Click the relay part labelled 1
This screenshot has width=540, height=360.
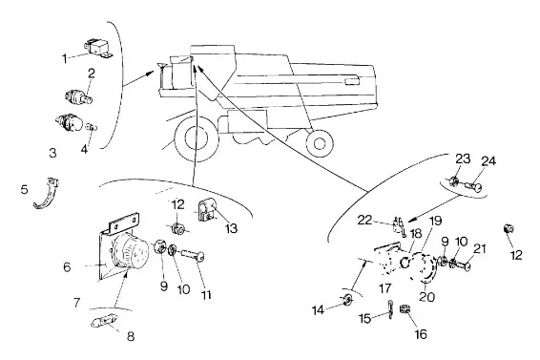click(98, 49)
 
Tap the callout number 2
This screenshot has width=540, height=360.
click(92, 74)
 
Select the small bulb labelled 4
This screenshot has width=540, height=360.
click(92, 127)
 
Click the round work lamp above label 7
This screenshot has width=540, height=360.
click(131, 251)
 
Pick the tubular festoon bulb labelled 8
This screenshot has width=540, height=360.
click(104, 321)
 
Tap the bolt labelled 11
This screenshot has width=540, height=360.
click(193, 256)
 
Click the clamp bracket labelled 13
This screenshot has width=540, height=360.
click(207, 210)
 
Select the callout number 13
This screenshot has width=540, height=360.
click(232, 228)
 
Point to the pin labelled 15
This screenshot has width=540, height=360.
click(390, 309)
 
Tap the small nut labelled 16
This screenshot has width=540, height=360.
click(404, 308)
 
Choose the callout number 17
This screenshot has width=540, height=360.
click(385, 288)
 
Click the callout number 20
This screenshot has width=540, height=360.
click(427, 297)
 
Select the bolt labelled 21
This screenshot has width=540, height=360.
click(460, 265)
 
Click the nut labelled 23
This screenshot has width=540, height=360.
click(454, 180)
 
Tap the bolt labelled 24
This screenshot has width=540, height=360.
click(473, 187)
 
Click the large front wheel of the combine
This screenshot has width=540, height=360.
click(197, 138)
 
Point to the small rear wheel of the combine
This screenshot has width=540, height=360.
click(320, 143)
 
